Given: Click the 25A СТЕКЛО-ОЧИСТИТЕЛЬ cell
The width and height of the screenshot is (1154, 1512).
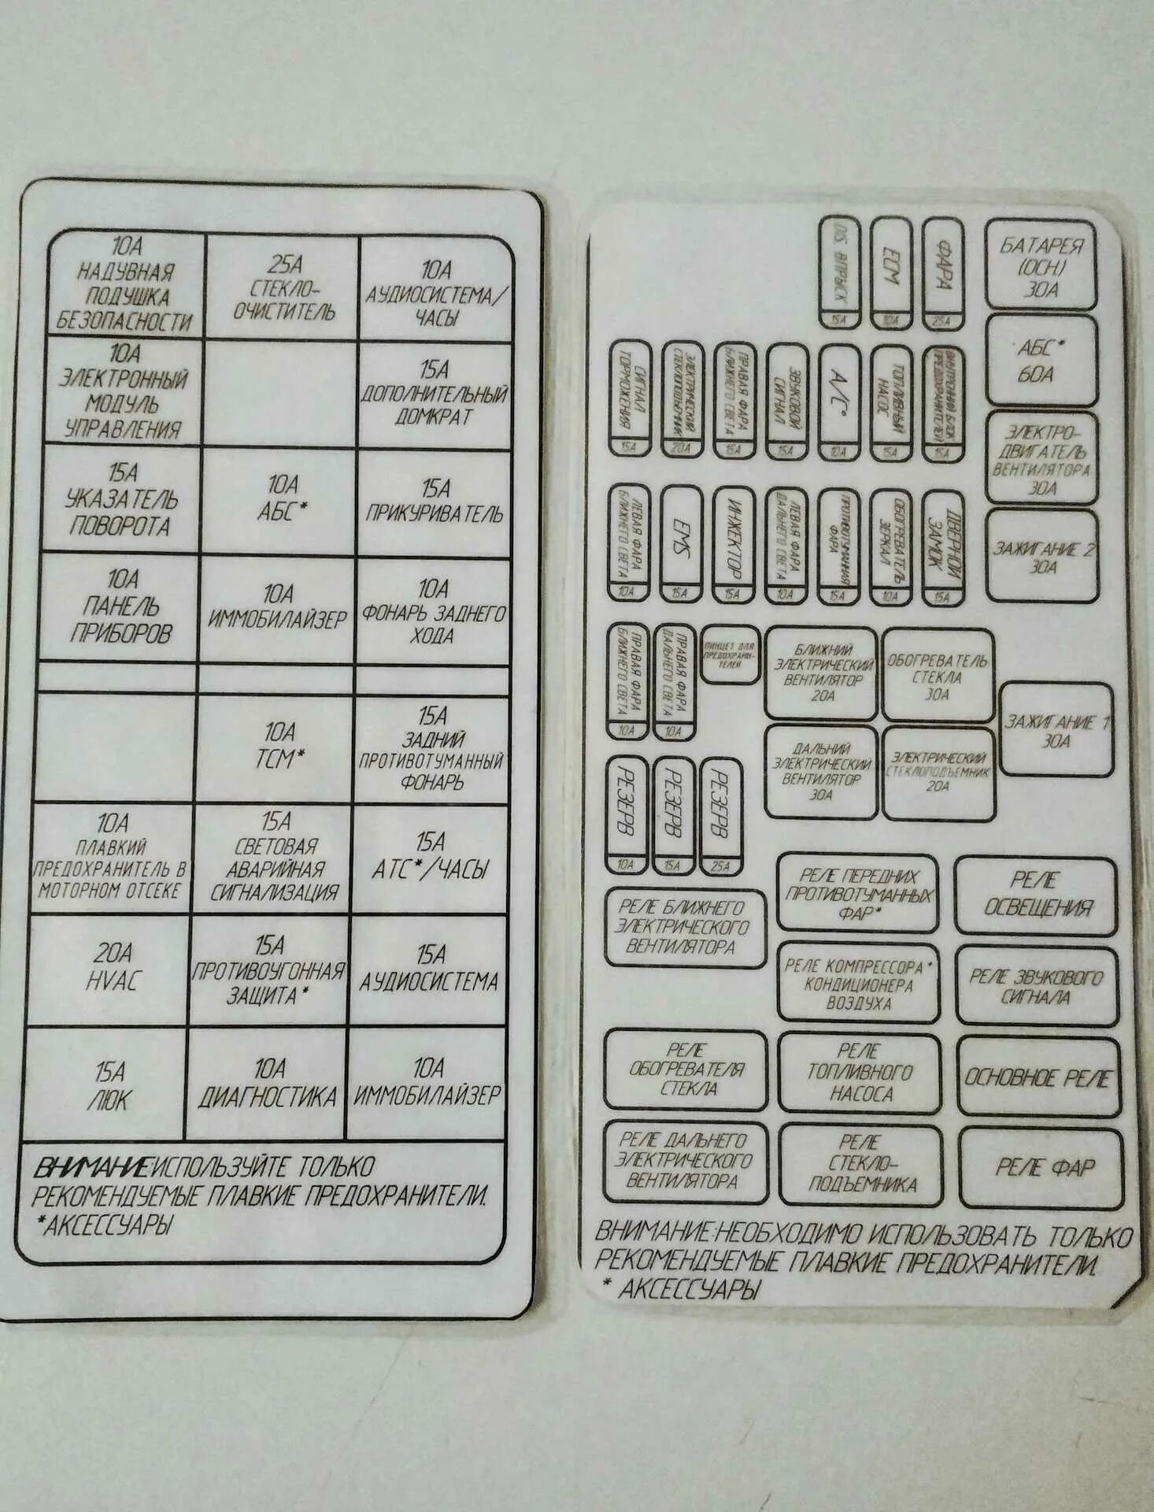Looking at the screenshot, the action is [x=283, y=288].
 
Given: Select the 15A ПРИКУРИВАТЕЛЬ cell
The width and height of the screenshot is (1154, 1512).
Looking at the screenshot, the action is [x=434, y=502].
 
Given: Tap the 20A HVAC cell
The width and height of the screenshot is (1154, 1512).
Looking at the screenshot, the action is [x=112, y=968].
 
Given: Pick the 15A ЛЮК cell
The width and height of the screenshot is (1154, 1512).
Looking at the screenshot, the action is [x=110, y=1085].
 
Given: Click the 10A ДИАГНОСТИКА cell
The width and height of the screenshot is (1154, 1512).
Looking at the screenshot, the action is [x=268, y=1084].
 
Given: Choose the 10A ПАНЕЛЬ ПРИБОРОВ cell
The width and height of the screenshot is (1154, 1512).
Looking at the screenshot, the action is [x=120, y=607].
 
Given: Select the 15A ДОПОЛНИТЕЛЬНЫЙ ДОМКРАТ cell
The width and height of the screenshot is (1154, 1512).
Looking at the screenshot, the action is [x=434, y=393].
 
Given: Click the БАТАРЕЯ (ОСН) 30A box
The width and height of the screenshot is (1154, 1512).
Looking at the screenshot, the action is [x=1041, y=265].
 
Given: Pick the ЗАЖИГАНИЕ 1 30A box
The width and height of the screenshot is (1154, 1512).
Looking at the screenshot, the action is [x=1056, y=730].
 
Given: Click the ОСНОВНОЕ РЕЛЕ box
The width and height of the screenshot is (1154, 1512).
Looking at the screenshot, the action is [x=1038, y=1077].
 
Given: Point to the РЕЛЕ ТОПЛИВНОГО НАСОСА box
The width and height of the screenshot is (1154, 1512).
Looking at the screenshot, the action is [x=860, y=1073].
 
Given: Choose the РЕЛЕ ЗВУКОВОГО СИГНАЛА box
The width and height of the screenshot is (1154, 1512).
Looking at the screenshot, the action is [x=1036, y=987].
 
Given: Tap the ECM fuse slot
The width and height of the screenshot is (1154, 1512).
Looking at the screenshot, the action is [x=891, y=272].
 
